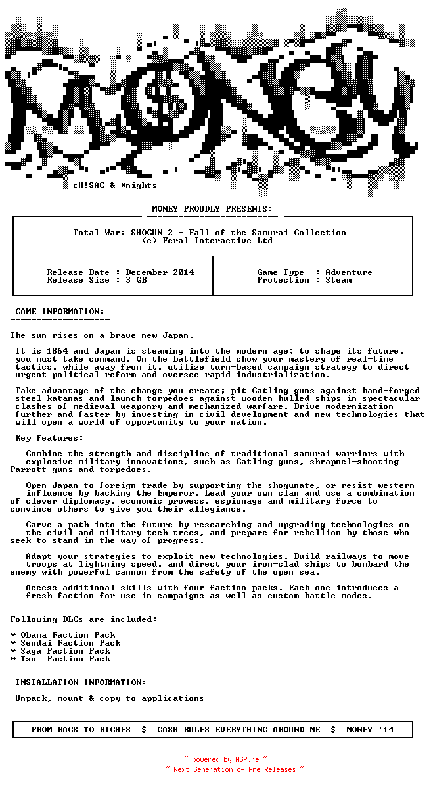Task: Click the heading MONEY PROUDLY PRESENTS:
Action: click(x=212, y=209)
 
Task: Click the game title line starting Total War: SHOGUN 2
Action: click(x=210, y=233)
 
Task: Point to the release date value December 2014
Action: click(x=160, y=272)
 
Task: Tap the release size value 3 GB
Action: click(x=136, y=280)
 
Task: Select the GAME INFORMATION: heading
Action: click(x=60, y=312)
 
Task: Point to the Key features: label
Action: click(x=49, y=438)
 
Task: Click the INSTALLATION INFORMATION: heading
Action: click(x=81, y=682)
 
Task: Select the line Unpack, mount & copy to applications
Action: click(x=110, y=698)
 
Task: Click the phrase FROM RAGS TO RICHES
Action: click(x=81, y=730)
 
